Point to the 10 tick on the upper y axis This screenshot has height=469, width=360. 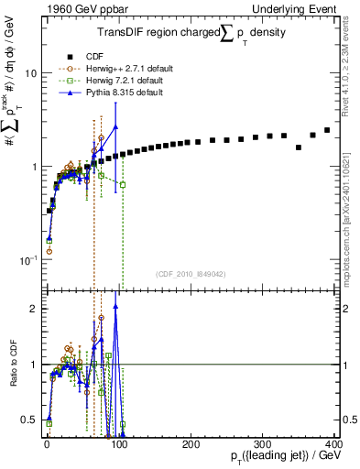29,72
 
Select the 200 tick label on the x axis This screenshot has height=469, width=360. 191,443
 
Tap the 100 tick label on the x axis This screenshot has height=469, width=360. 118,443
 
